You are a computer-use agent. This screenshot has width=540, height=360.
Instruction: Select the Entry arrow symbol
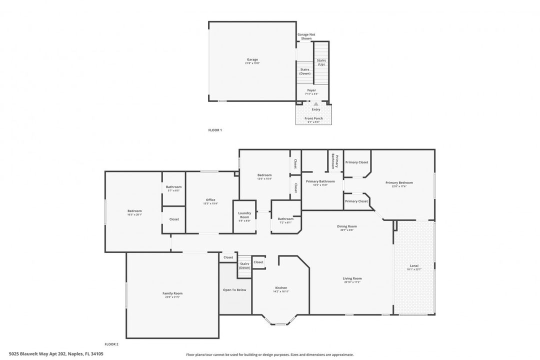315,104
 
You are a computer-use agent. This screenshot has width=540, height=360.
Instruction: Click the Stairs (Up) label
321,62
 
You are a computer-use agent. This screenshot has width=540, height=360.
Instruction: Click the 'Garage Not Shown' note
306,36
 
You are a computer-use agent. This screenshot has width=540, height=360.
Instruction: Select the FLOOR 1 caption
214,130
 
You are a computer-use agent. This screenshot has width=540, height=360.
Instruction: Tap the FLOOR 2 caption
111,344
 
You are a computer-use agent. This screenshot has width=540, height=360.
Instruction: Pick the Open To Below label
234,289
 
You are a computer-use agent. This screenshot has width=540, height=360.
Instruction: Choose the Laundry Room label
244,215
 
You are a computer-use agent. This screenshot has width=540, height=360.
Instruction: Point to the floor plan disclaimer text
269,354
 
